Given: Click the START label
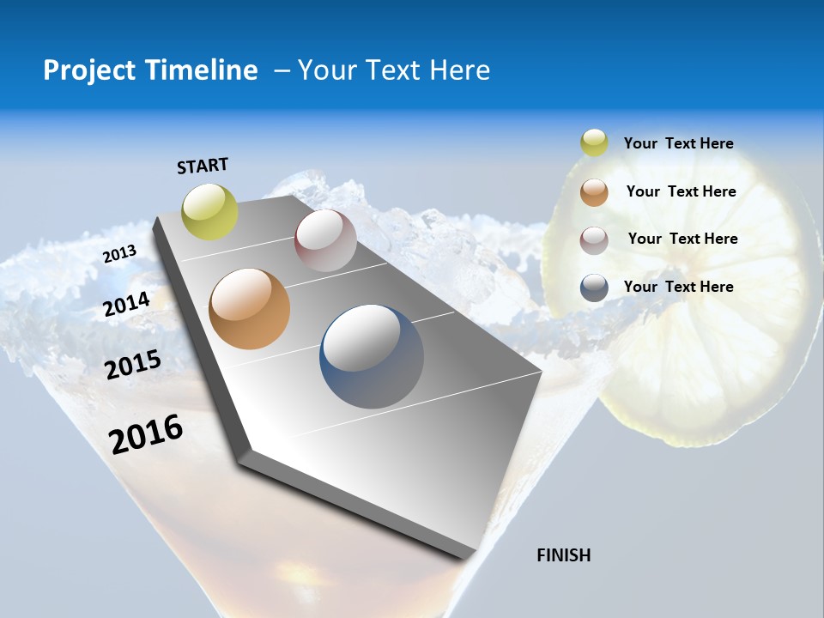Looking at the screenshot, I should click(203, 166).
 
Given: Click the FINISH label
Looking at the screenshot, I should click(564, 555).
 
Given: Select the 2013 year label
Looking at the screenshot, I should click(120, 254).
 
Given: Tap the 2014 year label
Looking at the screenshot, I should click(127, 304).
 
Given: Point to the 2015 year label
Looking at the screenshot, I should click(133, 365).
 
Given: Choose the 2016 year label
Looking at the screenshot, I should click(147, 434).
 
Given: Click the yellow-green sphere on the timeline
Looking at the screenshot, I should click(210, 212).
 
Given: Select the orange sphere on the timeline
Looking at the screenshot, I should click(249, 309).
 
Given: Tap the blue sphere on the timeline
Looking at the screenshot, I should click(372, 356).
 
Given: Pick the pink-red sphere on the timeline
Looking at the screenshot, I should click(325, 240).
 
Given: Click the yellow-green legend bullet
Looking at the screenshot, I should click(594, 143).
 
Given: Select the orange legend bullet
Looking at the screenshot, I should click(594, 192).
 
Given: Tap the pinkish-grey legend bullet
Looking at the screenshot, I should click(594, 240).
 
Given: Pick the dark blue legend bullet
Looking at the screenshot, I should click(594, 288).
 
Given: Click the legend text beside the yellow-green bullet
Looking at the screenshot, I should click(678, 144).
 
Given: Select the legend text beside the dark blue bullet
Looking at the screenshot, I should click(678, 287).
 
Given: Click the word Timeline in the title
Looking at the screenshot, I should click(202, 70).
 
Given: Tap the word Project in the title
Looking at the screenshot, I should click(88, 70).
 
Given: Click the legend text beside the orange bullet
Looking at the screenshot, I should click(681, 191).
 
